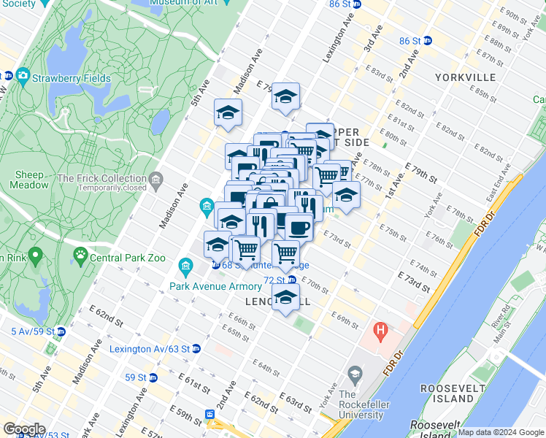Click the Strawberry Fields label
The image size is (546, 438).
click(72, 78)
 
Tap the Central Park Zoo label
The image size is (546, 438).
click(127, 257)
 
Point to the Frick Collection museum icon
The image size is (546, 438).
click(155, 179)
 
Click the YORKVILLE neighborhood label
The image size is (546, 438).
click(465, 77)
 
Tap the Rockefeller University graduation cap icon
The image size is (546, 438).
click(355, 375)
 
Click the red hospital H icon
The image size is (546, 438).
click(380, 331)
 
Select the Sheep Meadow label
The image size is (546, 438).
click(29, 180)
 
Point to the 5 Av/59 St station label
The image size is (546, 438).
click(32, 331)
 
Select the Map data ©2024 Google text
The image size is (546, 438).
click(500, 432)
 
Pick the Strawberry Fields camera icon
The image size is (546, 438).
click(23, 76)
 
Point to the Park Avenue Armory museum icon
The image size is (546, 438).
click(185, 266)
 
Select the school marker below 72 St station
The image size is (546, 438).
click(285, 297)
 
